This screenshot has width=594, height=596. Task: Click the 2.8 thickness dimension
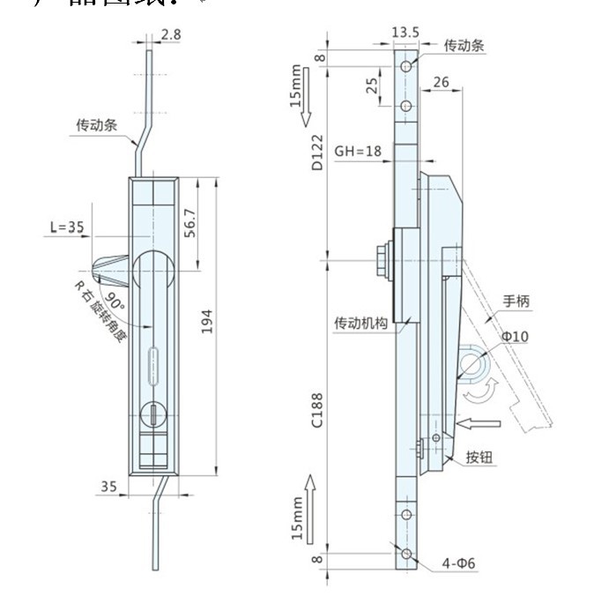pyautogui.click(x=171, y=36)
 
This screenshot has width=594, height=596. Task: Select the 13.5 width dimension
pyautogui.click(x=405, y=33)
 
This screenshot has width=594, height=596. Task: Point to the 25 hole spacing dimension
pyautogui.click(x=372, y=86)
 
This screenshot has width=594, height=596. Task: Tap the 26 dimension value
pyautogui.click(x=442, y=82)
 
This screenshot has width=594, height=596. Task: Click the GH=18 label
pyautogui.click(x=358, y=151)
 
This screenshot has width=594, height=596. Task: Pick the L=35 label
pyautogui.click(x=67, y=227)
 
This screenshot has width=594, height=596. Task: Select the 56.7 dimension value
pyautogui.click(x=188, y=224)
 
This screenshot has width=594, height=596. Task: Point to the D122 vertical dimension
pyautogui.click(x=317, y=154)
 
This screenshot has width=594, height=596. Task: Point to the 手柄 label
pyautogui.click(x=516, y=301)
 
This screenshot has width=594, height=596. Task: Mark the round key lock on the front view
pyautogui.click(x=153, y=413)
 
